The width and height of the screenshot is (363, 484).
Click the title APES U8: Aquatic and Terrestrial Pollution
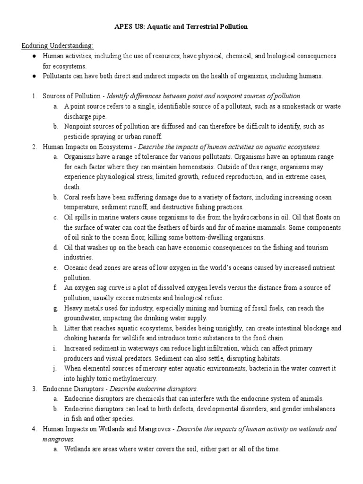tap(181, 27)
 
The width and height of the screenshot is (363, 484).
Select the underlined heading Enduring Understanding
tap(58, 45)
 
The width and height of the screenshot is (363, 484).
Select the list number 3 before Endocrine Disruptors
tap(35, 389)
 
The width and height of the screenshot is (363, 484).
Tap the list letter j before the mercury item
tap(55, 369)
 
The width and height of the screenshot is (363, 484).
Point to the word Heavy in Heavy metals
tap(73, 308)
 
